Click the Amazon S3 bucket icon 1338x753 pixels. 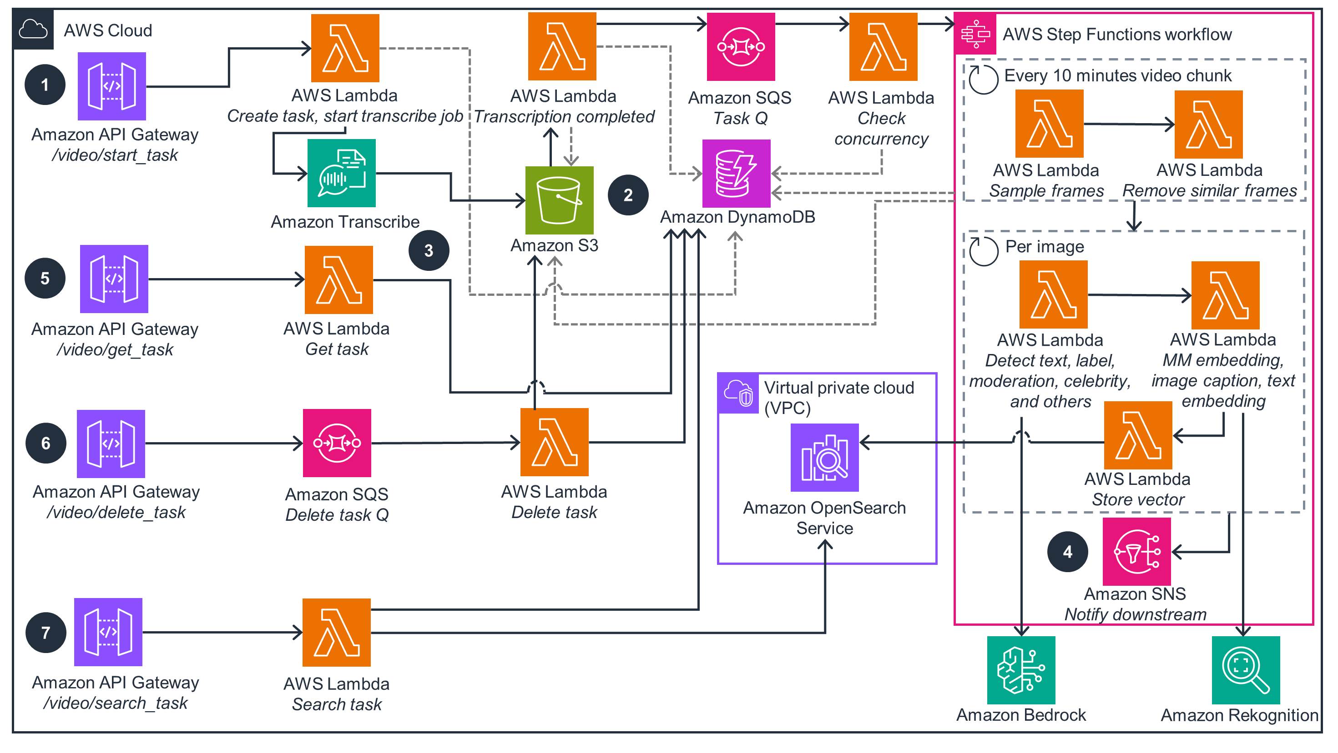[559, 200]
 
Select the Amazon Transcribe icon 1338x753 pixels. [341, 173]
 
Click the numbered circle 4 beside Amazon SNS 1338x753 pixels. [1067, 551]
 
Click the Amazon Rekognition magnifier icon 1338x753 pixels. [1245, 669]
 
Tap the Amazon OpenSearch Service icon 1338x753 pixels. [824, 457]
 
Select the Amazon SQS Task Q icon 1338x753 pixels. [741, 47]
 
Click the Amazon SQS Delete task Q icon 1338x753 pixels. [337, 443]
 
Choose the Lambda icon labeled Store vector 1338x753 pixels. [1137, 435]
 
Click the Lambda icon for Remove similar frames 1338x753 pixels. [1208, 124]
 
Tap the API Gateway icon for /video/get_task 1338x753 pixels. [114, 279]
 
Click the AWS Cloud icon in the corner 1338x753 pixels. [33, 30]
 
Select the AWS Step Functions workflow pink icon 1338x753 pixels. [975, 34]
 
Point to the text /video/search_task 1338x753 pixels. [115, 703]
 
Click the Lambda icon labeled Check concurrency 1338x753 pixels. [883, 47]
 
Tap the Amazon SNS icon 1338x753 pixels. [1136, 551]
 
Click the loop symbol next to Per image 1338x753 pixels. [983, 251]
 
